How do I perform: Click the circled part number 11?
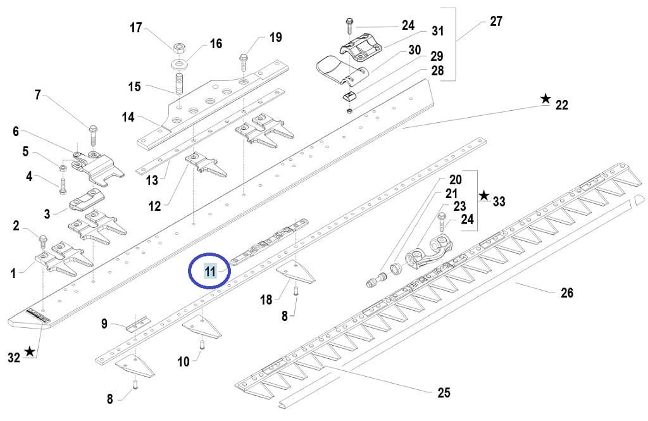(210, 272)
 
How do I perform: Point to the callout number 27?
(496, 22)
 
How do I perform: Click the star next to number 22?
(545, 99)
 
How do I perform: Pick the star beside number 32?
(30, 351)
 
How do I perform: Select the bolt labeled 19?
(244, 61)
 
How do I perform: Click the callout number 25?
(444, 393)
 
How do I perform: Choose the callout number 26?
(566, 292)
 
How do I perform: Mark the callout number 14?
(128, 116)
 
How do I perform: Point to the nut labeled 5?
(63, 168)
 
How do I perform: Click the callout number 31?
(438, 30)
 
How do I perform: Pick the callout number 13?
(151, 180)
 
